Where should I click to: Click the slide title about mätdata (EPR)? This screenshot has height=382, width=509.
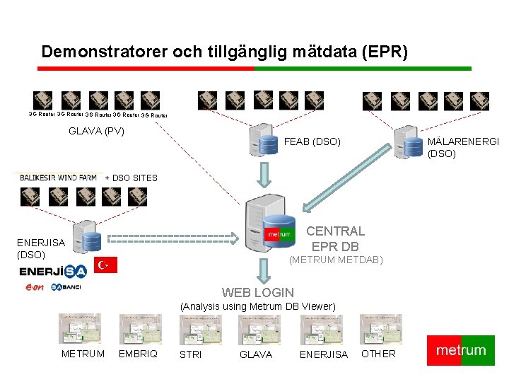(225, 52)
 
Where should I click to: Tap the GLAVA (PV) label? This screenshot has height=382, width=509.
(96, 131)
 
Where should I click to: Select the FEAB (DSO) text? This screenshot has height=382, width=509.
(312, 142)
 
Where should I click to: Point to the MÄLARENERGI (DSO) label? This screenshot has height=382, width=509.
(463, 147)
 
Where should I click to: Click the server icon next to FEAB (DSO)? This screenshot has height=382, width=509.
(265, 141)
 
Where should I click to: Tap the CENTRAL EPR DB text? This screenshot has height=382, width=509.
(335, 238)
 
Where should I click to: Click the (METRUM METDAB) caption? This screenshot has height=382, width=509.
(336, 260)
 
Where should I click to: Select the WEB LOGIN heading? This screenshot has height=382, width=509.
(258, 292)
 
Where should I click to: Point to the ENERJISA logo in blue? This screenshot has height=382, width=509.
(52, 271)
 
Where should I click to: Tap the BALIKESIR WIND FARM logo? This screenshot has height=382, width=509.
(58, 178)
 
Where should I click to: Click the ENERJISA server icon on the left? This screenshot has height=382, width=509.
(87, 238)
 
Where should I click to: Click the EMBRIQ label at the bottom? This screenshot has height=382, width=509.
(138, 354)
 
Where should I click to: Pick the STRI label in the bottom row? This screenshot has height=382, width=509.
(191, 354)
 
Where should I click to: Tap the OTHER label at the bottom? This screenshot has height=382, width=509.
(378, 354)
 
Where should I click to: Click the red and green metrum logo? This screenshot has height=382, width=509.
(461, 350)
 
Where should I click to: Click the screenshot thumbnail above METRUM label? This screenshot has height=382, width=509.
(79, 329)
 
